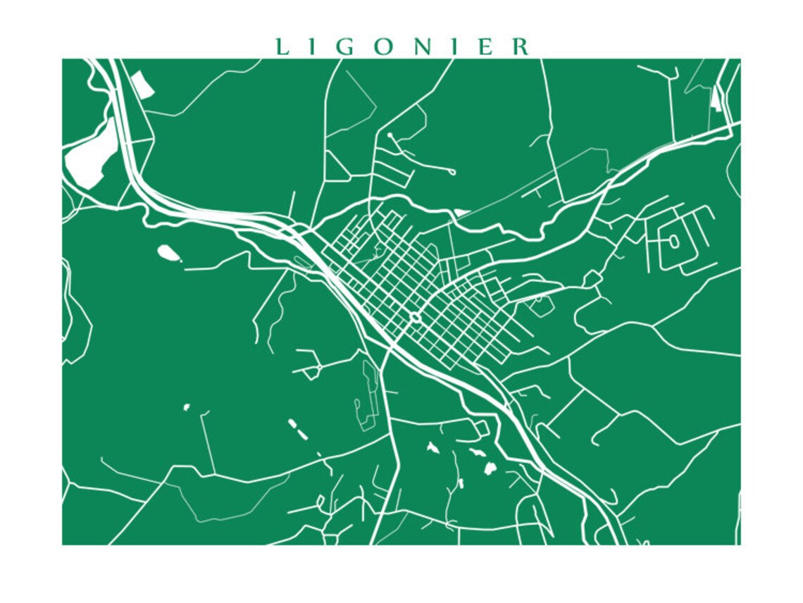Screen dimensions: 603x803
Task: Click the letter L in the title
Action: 281,47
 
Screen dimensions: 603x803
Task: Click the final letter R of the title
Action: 521,47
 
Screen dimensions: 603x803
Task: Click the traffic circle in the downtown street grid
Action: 415,318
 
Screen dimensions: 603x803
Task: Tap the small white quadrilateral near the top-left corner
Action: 142,85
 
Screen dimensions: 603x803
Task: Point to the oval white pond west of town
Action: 168,251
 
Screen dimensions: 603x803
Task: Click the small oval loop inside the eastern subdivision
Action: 673,242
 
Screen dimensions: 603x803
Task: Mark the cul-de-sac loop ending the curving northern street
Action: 452,171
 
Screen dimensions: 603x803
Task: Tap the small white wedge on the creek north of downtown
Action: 462,211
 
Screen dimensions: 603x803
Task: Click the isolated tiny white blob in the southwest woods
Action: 187,406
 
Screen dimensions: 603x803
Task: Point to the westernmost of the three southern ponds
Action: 431,447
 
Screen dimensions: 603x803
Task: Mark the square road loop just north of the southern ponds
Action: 481,428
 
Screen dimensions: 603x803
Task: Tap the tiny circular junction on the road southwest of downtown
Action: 319,367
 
